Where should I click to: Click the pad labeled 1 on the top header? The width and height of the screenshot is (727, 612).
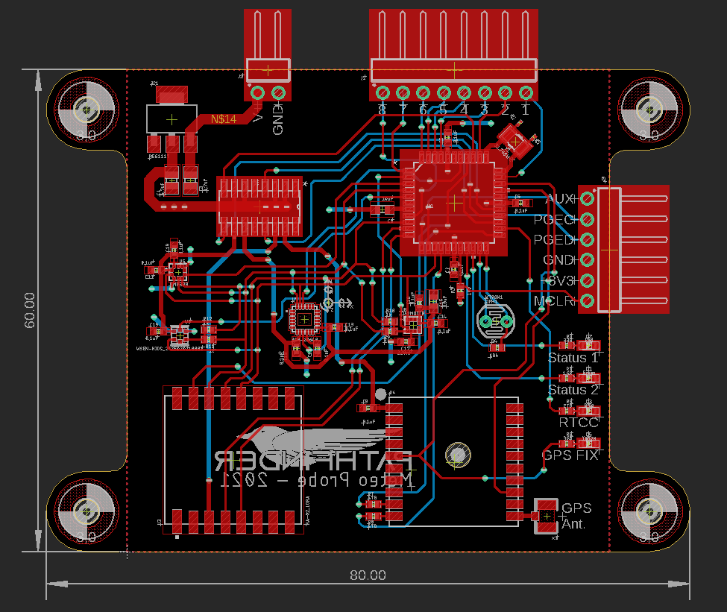525,92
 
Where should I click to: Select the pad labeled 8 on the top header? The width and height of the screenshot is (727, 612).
383,92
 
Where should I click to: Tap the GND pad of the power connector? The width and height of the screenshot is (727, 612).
278,93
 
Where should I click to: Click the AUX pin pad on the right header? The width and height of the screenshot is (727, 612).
587,198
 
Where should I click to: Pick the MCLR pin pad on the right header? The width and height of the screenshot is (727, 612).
587,301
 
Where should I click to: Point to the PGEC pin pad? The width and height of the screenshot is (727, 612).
587,219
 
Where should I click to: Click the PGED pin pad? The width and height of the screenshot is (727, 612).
587,239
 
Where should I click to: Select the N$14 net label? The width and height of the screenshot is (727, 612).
224,119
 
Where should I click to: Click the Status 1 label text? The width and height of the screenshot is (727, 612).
573,358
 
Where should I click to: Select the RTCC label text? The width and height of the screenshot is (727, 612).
579,422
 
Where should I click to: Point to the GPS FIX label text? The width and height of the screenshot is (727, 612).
570,454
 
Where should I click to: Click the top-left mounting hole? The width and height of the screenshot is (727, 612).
86,110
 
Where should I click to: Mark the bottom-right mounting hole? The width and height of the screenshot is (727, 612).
648,511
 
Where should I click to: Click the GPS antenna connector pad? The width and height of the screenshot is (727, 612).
547,515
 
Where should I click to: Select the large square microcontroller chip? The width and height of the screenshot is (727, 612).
454,202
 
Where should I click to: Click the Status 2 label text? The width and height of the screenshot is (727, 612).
573,390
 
